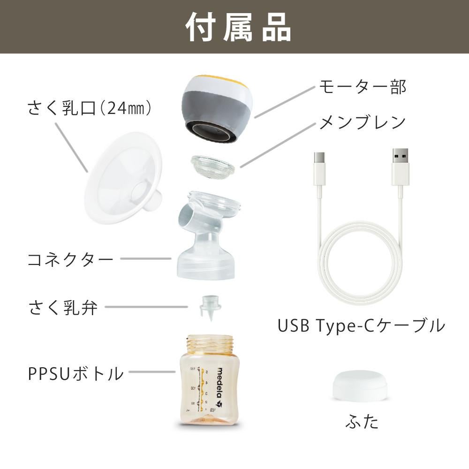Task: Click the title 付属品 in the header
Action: [238, 27]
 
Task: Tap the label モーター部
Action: [363, 87]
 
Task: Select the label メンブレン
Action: [363, 122]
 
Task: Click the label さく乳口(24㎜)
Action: [89, 108]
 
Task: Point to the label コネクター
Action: [70, 259]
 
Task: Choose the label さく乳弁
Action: [63, 307]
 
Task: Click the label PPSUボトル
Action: [76, 373]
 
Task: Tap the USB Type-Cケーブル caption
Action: [361, 326]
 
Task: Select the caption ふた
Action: [362, 421]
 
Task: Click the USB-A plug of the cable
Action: [400, 167]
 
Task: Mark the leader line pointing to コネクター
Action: [146, 259]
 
